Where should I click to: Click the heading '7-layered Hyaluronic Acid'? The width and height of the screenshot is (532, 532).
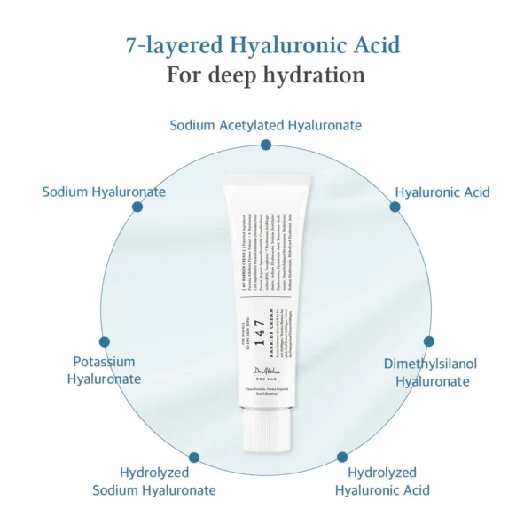point(266,43)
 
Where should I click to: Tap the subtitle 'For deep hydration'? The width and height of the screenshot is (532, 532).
point(266,74)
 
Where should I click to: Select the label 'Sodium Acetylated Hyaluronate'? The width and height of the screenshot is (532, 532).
point(266,125)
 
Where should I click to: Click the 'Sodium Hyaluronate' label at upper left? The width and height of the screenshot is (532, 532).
point(104,192)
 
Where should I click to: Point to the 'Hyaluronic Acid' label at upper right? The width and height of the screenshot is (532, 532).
point(442,192)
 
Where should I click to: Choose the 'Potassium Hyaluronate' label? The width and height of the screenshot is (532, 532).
point(104,371)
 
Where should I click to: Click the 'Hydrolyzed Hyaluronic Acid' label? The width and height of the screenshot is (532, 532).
point(382,481)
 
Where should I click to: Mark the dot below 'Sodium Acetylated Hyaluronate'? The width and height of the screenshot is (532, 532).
point(266,145)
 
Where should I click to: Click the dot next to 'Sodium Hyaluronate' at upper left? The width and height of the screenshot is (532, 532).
point(137,207)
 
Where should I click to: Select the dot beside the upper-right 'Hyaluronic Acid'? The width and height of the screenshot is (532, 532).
point(395,207)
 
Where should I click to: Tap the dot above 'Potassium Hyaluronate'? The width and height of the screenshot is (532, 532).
point(105,341)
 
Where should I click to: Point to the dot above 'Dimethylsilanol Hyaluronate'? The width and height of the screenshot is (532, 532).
point(429,341)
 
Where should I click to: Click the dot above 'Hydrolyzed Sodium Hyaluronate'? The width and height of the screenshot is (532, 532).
point(194,458)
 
